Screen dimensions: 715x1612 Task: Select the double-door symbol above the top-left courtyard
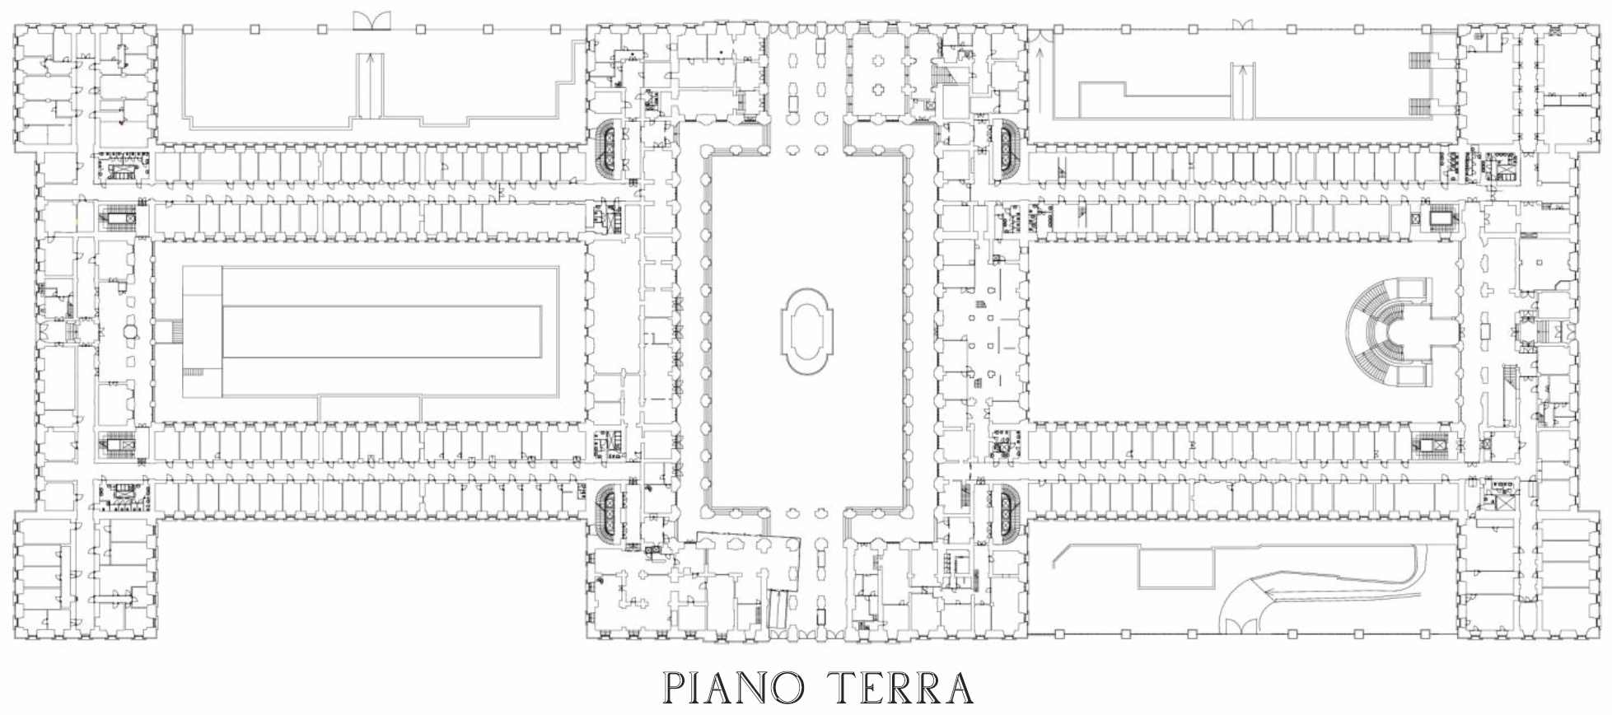371,21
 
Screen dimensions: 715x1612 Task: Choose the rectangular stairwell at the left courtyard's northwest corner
119,220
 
